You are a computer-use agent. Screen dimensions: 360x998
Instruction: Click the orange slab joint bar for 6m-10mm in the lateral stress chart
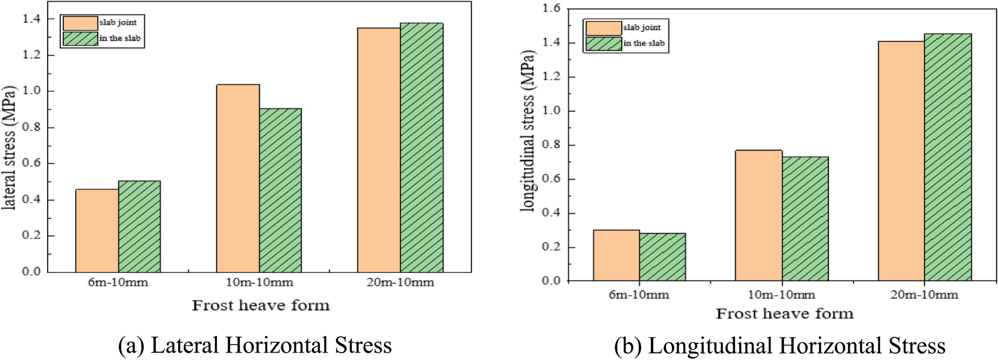tap(97, 231)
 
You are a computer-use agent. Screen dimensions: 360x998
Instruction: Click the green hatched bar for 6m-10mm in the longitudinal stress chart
tap(662, 257)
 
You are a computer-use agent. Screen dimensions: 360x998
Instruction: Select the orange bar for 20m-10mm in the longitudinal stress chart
tap(901, 161)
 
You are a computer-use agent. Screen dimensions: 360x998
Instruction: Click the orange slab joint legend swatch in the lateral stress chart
tap(80, 23)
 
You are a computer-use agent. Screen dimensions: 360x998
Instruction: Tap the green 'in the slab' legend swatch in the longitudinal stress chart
tap(603, 43)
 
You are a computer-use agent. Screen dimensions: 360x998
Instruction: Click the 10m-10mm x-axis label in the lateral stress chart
tap(259, 283)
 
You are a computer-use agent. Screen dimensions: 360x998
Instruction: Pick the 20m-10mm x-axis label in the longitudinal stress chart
tap(924, 295)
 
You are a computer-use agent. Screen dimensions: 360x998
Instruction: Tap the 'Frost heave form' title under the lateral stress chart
tap(261, 305)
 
